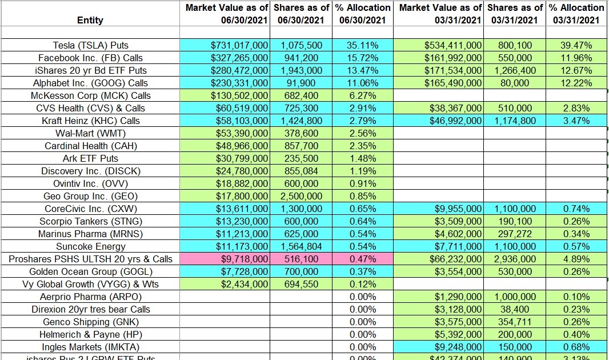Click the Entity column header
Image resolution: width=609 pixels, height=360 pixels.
click(90, 20)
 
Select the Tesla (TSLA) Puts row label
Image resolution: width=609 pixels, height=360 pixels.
click(90, 46)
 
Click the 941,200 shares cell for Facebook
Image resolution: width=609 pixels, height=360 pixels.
click(301, 58)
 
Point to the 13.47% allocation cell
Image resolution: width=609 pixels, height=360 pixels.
click(363, 71)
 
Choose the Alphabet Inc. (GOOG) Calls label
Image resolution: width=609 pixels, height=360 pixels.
click(90, 83)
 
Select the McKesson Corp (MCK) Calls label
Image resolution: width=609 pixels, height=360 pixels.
click(90, 96)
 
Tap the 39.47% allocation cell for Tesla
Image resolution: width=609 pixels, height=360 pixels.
click(576, 46)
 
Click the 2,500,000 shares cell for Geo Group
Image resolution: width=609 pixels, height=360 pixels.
click(301, 197)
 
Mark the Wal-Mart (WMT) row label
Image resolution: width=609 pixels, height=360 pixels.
click(90, 134)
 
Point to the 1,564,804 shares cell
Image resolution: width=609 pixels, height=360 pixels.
click(301, 247)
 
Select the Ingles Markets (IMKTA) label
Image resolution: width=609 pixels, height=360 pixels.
click(90, 347)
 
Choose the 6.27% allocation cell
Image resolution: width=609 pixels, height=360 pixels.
click(363, 96)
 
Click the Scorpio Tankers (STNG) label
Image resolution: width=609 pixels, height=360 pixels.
click(90, 222)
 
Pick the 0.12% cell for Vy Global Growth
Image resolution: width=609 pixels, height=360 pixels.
click(363, 285)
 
